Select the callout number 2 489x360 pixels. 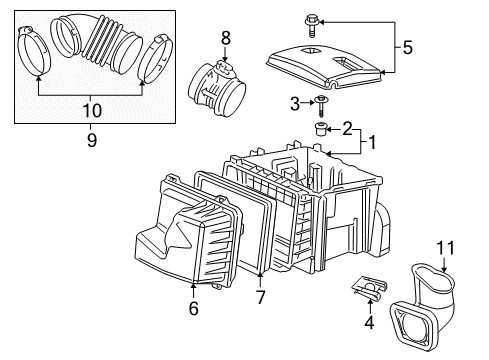tap(346, 128)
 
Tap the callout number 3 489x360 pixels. tap(294, 102)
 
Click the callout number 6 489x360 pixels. tap(192, 310)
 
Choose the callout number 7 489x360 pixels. tap(260, 298)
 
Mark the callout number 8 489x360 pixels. tap(226, 38)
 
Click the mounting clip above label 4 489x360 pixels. tap(364, 293)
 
